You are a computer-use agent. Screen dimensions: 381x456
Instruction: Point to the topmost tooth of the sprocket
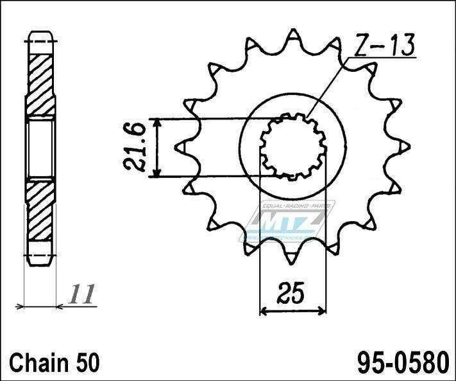point(292,35)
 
